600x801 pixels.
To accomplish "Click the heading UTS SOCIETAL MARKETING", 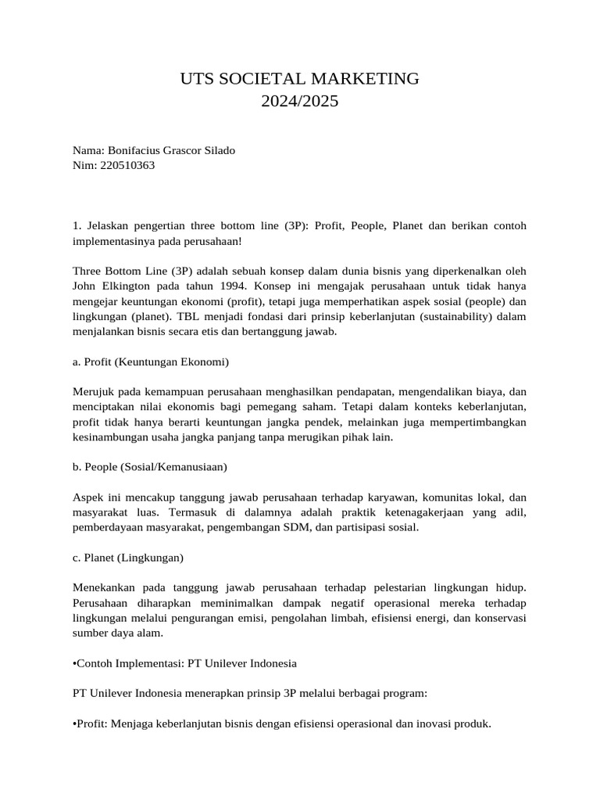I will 300,78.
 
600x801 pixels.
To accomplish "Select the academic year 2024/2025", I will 300,101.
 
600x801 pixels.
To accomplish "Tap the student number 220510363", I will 128,165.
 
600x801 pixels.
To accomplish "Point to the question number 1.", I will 76,225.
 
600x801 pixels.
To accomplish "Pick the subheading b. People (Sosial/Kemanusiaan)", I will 149,467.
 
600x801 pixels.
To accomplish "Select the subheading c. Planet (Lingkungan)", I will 127,558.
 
